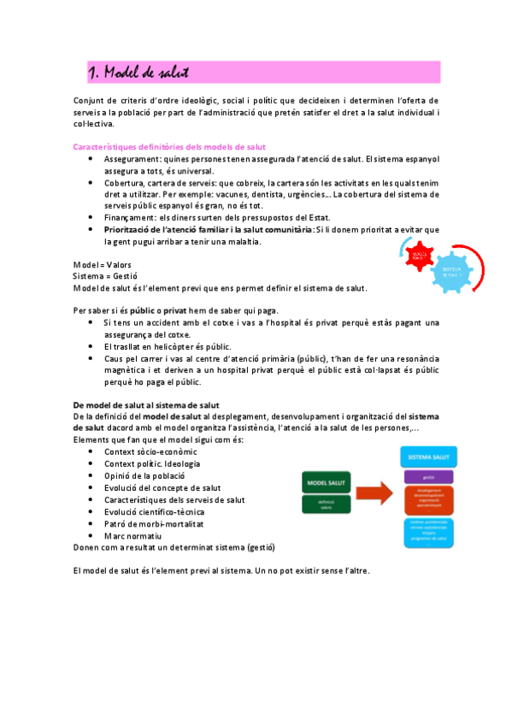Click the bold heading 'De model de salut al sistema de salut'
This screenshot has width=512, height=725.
click(x=146, y=404)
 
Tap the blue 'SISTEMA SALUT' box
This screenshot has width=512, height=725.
click(x=429, y=457)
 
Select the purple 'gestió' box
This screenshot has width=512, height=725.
click(x=429, y=477)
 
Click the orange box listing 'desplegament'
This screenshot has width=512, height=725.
click(x=429, y=499)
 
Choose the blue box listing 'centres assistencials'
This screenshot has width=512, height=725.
click(x=429, y=531)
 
